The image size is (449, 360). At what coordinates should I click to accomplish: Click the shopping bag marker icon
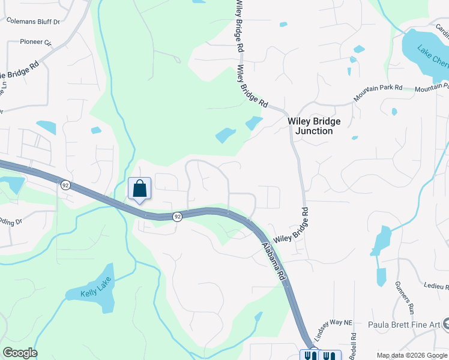(139, 188)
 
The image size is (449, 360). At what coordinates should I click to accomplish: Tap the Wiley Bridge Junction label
(314, 126)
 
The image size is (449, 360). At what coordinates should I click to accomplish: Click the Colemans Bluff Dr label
(34, 21)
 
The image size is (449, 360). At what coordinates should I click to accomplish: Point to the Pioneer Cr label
(37, 42)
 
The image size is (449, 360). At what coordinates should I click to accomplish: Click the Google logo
(20, 353)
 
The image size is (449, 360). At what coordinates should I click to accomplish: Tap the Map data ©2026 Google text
(411, 355)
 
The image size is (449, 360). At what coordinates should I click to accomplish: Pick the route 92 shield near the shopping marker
(178, 216)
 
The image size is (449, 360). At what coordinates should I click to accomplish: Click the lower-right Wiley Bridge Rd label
(291, 226)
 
